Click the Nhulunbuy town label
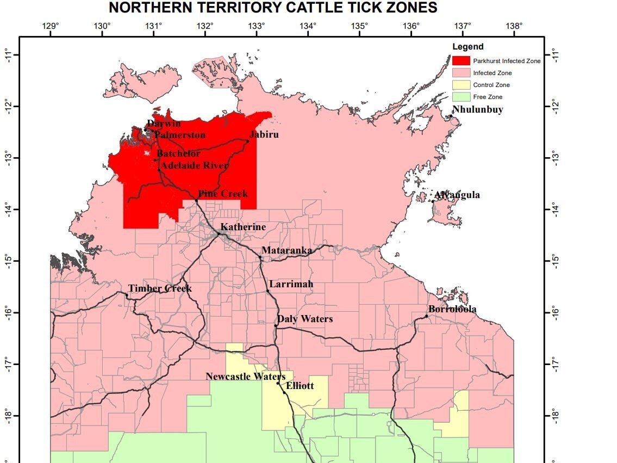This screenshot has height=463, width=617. (x=477, y=109)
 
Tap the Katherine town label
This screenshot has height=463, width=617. (x=243, y=227)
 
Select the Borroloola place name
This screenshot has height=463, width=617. (x=452, y=310)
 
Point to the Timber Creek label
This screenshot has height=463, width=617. (x=160, y=288)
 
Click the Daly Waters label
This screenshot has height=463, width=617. (x=305, y=319)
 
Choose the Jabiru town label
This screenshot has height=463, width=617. (x=264, y=134)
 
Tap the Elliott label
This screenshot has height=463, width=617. (x=300, y=386)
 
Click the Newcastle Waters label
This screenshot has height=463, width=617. (x=245, y=376)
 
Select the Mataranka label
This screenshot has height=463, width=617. (x=286, y=250)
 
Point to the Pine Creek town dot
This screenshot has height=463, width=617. (x=196, y=200)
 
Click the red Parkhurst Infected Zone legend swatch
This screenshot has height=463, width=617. (x=461, y=61)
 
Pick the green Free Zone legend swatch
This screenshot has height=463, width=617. (x=461, y=97)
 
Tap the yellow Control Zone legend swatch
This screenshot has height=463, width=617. (x=461, y=85)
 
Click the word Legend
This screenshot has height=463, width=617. (x=468, y=47)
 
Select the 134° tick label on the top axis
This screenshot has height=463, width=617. (x=308, y=26)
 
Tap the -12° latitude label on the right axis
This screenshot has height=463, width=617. (x=554, y=106)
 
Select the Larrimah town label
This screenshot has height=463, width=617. (x=291, y=285)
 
